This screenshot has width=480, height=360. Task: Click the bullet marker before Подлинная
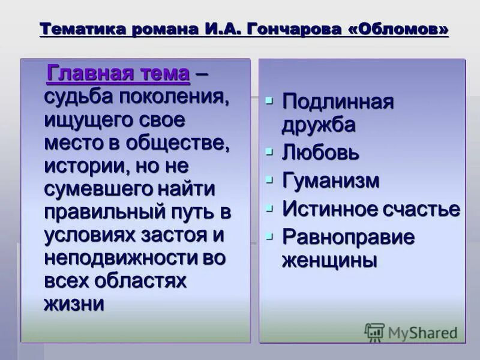(x=269, y=98)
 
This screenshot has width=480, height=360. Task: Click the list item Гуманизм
(x=331, y=180)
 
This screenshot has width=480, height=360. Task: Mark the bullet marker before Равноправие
(x=269, y=235)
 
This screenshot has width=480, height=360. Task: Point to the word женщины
(x=329, y=260)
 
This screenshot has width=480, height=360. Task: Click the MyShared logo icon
(x=374, y=332)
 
